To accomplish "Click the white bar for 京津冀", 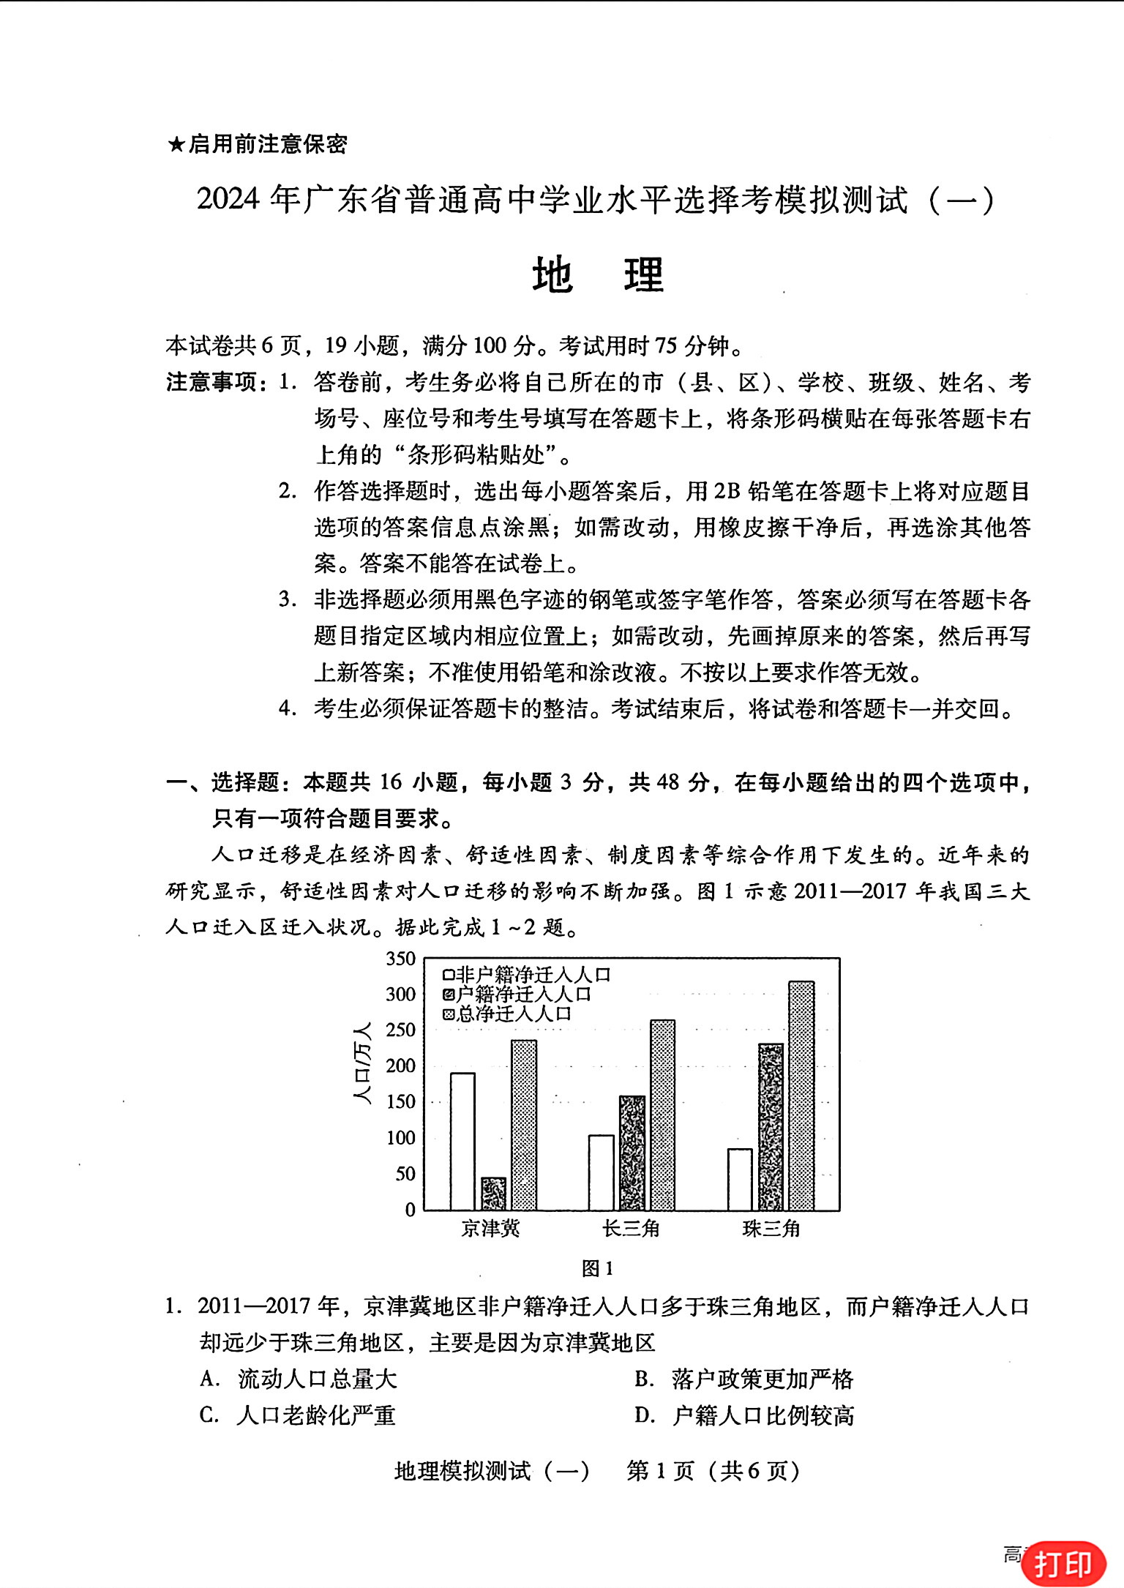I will click(x=462, y=1141).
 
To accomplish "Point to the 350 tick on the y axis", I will click(x=401, y=959).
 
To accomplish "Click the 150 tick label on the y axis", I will click(x=401, y=1102).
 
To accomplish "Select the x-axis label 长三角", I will click(x=631, y=1229).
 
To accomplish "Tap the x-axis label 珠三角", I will click(x=771, y=1229).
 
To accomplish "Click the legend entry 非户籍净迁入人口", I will click(x=527, y=975).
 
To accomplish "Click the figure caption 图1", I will click(x=597, y=1269).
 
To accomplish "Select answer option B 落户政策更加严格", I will click(x=745, y=1379).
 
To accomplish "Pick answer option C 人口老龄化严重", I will click(x=298, y=1415).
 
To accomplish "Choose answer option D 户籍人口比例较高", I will click(x=745, y=1415).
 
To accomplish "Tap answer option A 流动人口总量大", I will click(x=299, y=1379).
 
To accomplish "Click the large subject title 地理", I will click(x=598, y=276).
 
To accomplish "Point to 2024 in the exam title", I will click(x=228, y=199).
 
